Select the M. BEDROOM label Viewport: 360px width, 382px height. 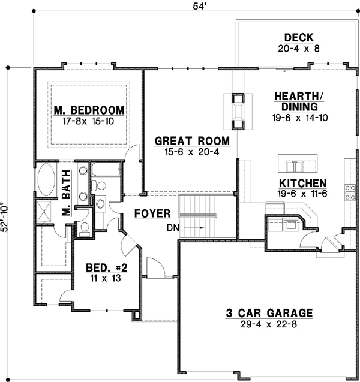(x=89, y=110)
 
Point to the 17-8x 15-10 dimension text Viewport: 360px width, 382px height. (x=89, y=121)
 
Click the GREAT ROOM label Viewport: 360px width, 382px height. (x=192, y=141)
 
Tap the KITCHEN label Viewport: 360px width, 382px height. (x=302, y=184)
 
